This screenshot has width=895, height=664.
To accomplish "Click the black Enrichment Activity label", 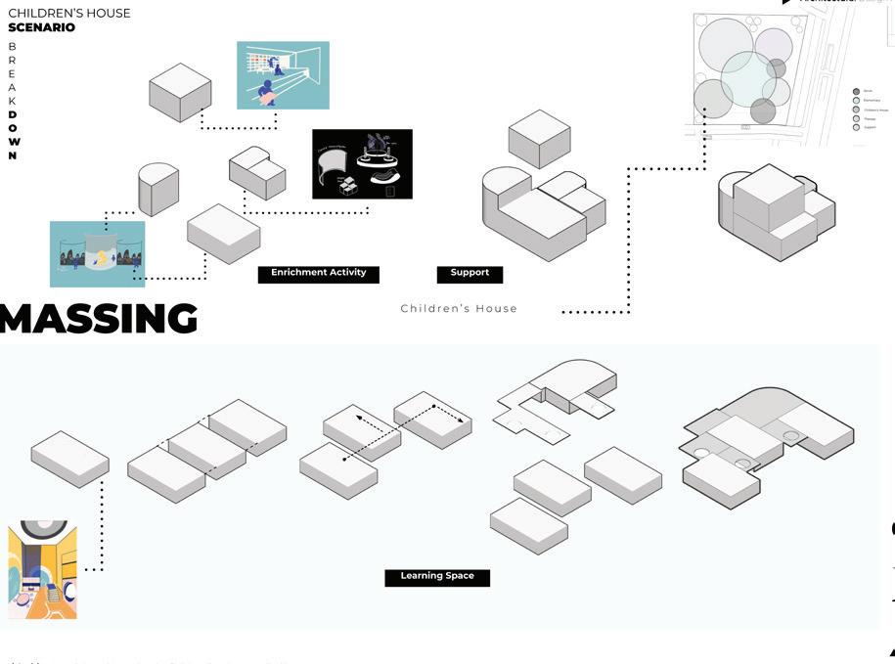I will click(x=318, y=274).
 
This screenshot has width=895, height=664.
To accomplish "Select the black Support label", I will click(x=470, y=274).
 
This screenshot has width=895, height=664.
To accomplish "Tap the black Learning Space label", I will click(x=436, y=577).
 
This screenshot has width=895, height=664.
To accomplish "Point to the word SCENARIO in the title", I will click(x=41, y=27).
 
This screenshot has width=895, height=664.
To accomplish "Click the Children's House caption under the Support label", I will click(x=459, y=309).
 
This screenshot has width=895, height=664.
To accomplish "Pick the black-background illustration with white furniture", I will click(x=362, y=163).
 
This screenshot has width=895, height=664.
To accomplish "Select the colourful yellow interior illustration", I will click(x=42, y=569).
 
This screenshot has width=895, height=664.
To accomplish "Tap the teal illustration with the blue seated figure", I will click(x=283, y=75).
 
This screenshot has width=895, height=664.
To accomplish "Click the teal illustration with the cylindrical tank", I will click(x=97, y=253).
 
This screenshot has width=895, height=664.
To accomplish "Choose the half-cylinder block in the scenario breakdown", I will click(x=158, y=188).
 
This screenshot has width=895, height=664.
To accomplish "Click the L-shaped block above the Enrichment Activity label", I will click(x=257, y=172).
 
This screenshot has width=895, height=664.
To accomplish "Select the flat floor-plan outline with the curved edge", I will click(x=555, y=397).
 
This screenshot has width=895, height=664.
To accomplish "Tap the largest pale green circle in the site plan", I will click(x=748, y=79).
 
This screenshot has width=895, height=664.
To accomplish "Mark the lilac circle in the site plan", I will click(x=773, y=45).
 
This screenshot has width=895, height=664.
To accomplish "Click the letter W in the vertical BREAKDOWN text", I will click(x=13, y=142).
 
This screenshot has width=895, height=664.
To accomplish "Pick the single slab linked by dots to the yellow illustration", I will click(x=69, y=458).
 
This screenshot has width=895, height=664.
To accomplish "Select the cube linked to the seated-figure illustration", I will click(x=180, y=92).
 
